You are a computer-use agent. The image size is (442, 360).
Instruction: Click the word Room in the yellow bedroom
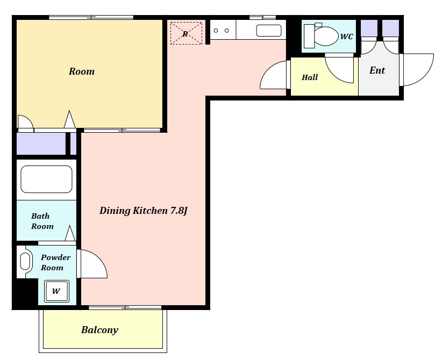tap(82, 71)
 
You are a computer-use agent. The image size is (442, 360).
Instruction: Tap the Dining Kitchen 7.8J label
tap(144, 211)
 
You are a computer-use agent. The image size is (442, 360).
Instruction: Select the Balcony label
tap(100, 330)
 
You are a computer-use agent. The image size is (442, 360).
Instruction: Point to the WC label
tap(346, 37)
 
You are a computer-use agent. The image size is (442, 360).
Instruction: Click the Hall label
tap(310, 77)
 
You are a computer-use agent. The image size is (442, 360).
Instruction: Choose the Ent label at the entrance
tap(377, 70)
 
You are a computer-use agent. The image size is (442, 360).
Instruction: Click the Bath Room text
tap(42, 221)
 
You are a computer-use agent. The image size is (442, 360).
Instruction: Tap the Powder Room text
tap(55, 262)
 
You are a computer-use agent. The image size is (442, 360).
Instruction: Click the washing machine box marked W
tap(56, 291)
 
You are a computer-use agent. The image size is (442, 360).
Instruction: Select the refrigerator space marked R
tap(186, 33)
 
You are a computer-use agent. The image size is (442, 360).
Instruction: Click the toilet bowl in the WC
tap(325, 36)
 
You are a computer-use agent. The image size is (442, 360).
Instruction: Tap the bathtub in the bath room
tap(46, 179)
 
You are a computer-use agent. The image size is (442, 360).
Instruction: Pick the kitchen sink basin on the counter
tap(269, 31)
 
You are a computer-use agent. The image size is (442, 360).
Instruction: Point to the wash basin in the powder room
tap(25, 261)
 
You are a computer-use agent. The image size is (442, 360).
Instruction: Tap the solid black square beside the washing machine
tap(25, 293)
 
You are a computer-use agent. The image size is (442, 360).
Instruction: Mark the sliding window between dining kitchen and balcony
tap(125, 307)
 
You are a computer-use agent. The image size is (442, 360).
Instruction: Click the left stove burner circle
tap(216, 31)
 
